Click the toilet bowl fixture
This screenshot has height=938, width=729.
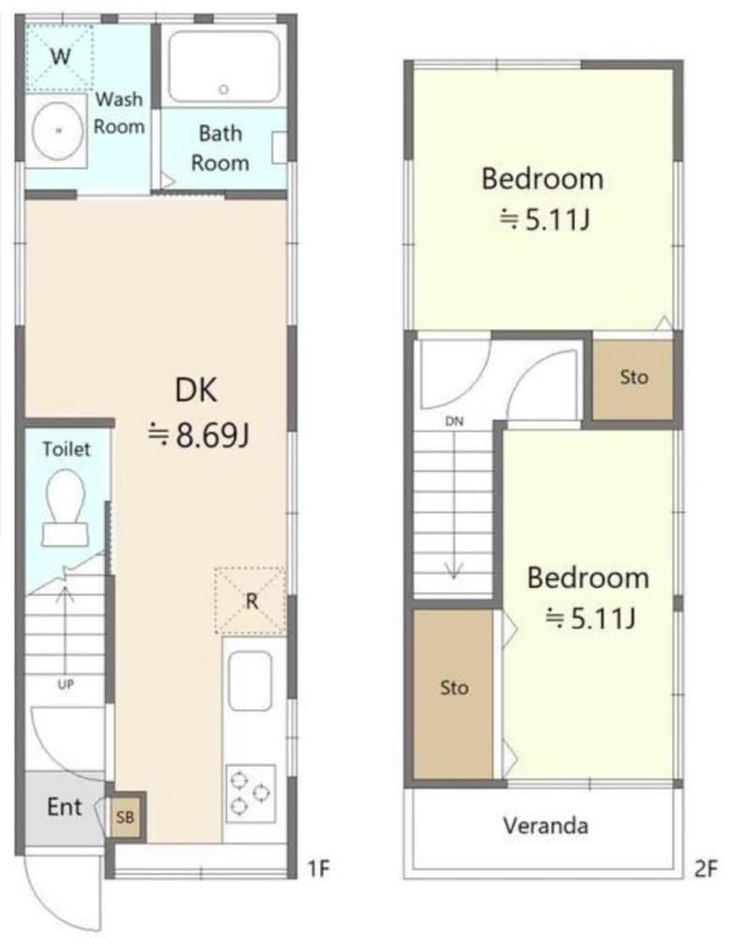click(x=65, y=507)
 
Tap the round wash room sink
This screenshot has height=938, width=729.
click(x=58, y=129)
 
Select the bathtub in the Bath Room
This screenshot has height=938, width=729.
click(x=224, y=67)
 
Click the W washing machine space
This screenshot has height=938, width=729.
click(x=60, y=56)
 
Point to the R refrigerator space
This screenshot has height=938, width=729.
click(x=251, y=600)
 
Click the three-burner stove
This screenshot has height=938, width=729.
click(x=251, y=794)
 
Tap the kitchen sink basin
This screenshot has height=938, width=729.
click(x=251, y=681)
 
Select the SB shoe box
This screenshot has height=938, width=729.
click(x=126, y=816)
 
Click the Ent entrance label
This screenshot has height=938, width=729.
click(x=64, y=807)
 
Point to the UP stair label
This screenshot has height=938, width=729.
click(x=66, y=685)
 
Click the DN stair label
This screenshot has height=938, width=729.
click(x=454, y=421)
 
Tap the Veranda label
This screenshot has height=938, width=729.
click(x=545, y=826)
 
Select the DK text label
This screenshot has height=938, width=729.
click(x=196, y=390)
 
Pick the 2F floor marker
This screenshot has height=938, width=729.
click(x=706, y=869)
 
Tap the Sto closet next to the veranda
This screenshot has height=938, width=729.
click(x=453, y=693)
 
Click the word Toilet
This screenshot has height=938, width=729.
click(x=67, y=448)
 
